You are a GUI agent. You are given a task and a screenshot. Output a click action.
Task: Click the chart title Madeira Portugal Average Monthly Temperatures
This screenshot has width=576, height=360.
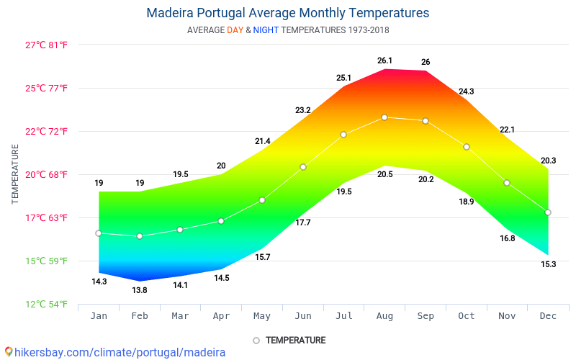(x=287, y=13)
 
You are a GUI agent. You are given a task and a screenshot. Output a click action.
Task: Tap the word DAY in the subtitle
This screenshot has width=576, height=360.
(x=235, y=30)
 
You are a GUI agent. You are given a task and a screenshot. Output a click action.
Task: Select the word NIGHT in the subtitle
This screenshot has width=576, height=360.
(x=266, y=30)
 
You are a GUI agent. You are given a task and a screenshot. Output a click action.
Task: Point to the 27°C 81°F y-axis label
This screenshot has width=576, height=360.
(x=46, y=45)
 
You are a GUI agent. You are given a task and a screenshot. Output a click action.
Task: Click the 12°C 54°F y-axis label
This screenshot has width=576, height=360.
(x=46, y=304)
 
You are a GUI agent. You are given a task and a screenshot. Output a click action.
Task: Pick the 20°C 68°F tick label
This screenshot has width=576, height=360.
(x=46, y=174)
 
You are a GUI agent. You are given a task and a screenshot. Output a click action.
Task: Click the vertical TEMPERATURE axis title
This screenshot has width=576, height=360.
(x=14, y=174)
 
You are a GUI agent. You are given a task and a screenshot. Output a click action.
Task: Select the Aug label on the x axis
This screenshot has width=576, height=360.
(x=384, y=316)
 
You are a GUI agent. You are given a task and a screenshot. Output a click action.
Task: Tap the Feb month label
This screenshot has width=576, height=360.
(x=140, y=316)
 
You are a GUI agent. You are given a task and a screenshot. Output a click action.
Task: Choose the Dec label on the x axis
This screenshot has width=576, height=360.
(x=548, y=316)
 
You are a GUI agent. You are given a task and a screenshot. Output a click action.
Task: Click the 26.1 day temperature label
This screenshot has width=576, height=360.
(x=384, y=60)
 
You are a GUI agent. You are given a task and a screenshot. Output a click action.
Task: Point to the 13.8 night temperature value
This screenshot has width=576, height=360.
(x=140, y=290)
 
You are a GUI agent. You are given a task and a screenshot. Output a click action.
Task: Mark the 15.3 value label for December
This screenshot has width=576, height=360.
(x=549, y=264)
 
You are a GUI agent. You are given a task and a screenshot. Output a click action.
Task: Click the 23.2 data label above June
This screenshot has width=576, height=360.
(x=303, y=110)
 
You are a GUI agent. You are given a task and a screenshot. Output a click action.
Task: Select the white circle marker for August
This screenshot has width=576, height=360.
(x=384, y=117)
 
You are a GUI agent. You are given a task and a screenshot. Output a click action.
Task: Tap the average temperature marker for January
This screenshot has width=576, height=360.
(x=99, y=233)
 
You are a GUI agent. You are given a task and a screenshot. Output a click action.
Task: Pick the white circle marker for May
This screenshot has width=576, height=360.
(x=262, y=200)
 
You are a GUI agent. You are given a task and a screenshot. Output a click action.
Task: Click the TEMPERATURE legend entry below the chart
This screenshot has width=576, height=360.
(x=289, y=341)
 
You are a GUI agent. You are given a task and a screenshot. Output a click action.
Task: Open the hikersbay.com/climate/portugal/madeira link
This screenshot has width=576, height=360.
(x=120, y=353)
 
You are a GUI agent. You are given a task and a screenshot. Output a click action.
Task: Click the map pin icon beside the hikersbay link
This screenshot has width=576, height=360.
(x=9, y=352)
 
